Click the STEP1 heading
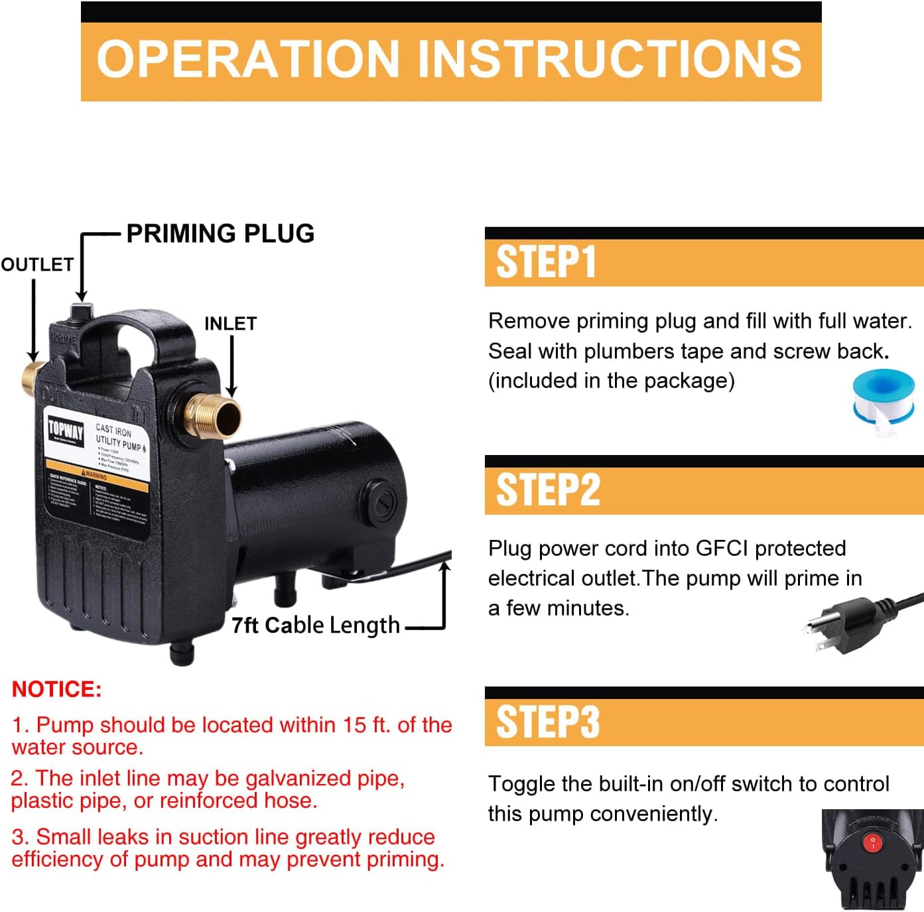546,262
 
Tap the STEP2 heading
548,490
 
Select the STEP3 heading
548,722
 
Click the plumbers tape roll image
884,401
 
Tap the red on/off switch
872,842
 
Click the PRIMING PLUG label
220,233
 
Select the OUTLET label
37,265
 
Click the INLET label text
230,324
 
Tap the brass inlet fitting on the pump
214,415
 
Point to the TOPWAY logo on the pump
66,432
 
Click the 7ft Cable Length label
316,625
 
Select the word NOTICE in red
56,689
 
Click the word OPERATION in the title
247,59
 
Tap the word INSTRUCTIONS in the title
609,59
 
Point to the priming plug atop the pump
82,312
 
